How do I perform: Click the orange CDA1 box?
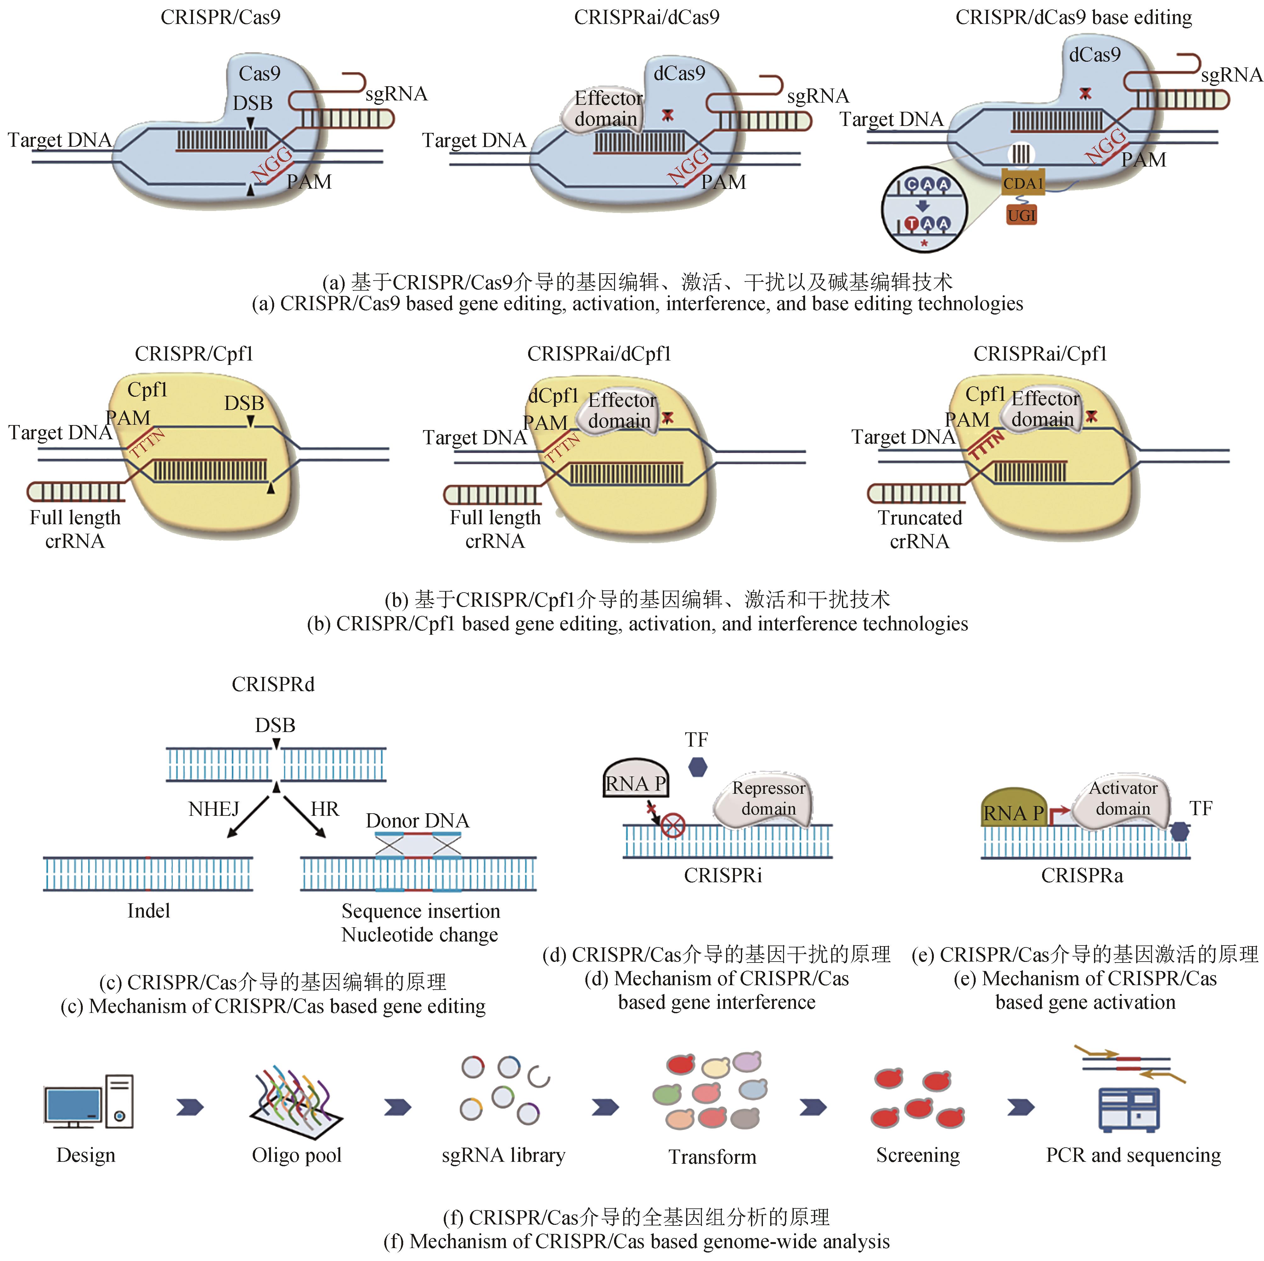1023,183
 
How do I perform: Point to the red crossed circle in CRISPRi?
673,825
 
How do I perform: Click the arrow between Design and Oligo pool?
190,1107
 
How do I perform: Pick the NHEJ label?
214,809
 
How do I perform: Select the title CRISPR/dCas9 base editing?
1074,17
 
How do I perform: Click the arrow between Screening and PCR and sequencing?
1021,1107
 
